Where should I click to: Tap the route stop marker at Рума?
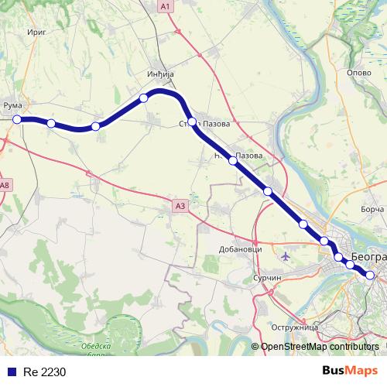pyautogui.click(x=17, y=119)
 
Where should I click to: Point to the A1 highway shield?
pyautogui.click(x=165, y=6)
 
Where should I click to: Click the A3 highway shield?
pyautogui.click(x=180, y=205)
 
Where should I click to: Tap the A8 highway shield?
pyautogui.click(x=5, y=184)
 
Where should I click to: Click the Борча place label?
pyautogui.click(x=372, y=209)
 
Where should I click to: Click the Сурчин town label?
pyautogui.click(x=265, y=276)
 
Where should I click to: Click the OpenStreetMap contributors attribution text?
pyautogui.click(x=320, y=346)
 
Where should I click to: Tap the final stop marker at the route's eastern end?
pyautogui.click(x=371, y=275)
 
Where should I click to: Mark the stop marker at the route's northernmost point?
pyautogui.click(x=143, y=98)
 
